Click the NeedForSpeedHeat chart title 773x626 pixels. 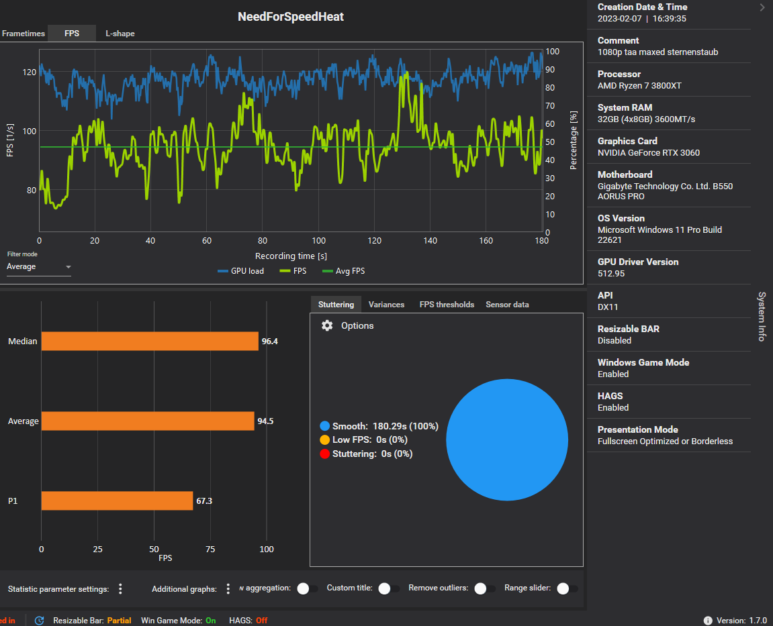pos(291,17)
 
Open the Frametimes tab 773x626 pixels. pos(24,34)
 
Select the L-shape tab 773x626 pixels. pos(120,34)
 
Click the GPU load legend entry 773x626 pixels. pos(241,271)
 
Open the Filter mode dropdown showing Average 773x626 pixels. pos(39,267)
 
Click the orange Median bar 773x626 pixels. pos(150,341)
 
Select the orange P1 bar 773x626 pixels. pos(117,501)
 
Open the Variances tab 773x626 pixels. pos(386,305)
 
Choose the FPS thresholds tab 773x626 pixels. pos(447,305)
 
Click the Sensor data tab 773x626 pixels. pos(507,305)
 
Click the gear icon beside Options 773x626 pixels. pos(327,325)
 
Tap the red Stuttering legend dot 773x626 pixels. pos(325,454)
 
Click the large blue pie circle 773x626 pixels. pos(507,439)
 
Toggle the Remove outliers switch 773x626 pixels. pos(480,588)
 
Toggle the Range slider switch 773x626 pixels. pos(563,588)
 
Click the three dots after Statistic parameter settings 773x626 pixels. pos(120,588)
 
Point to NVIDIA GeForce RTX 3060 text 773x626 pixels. pos(649,152)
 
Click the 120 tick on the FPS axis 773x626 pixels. pos(30,72)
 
